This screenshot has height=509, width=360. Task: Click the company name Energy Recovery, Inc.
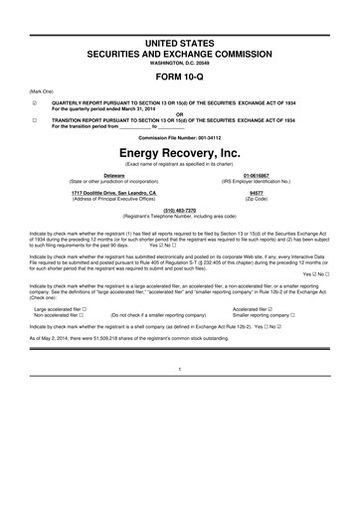[x=179, y=156]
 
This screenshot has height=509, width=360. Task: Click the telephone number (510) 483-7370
[x=179, y=210]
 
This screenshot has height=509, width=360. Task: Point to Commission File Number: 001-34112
[x=179, y=136]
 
